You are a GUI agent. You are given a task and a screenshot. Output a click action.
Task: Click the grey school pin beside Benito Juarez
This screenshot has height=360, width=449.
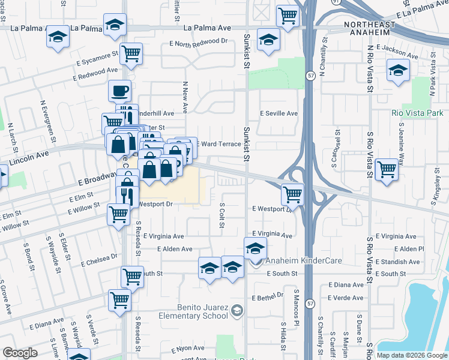(x=238, y=310)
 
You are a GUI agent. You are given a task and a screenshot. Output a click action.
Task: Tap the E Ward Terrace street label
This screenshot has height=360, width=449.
(x=218, y=144)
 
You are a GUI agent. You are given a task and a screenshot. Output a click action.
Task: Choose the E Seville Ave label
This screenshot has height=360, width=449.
(x=279, y=113)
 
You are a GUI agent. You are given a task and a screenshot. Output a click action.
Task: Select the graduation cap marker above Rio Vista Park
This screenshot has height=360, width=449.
(x=398, y=71)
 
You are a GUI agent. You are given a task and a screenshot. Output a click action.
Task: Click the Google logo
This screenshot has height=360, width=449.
(x=20, y=353)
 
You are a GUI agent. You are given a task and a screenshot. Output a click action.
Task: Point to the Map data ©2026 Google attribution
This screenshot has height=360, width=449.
(x=412, y=355)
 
